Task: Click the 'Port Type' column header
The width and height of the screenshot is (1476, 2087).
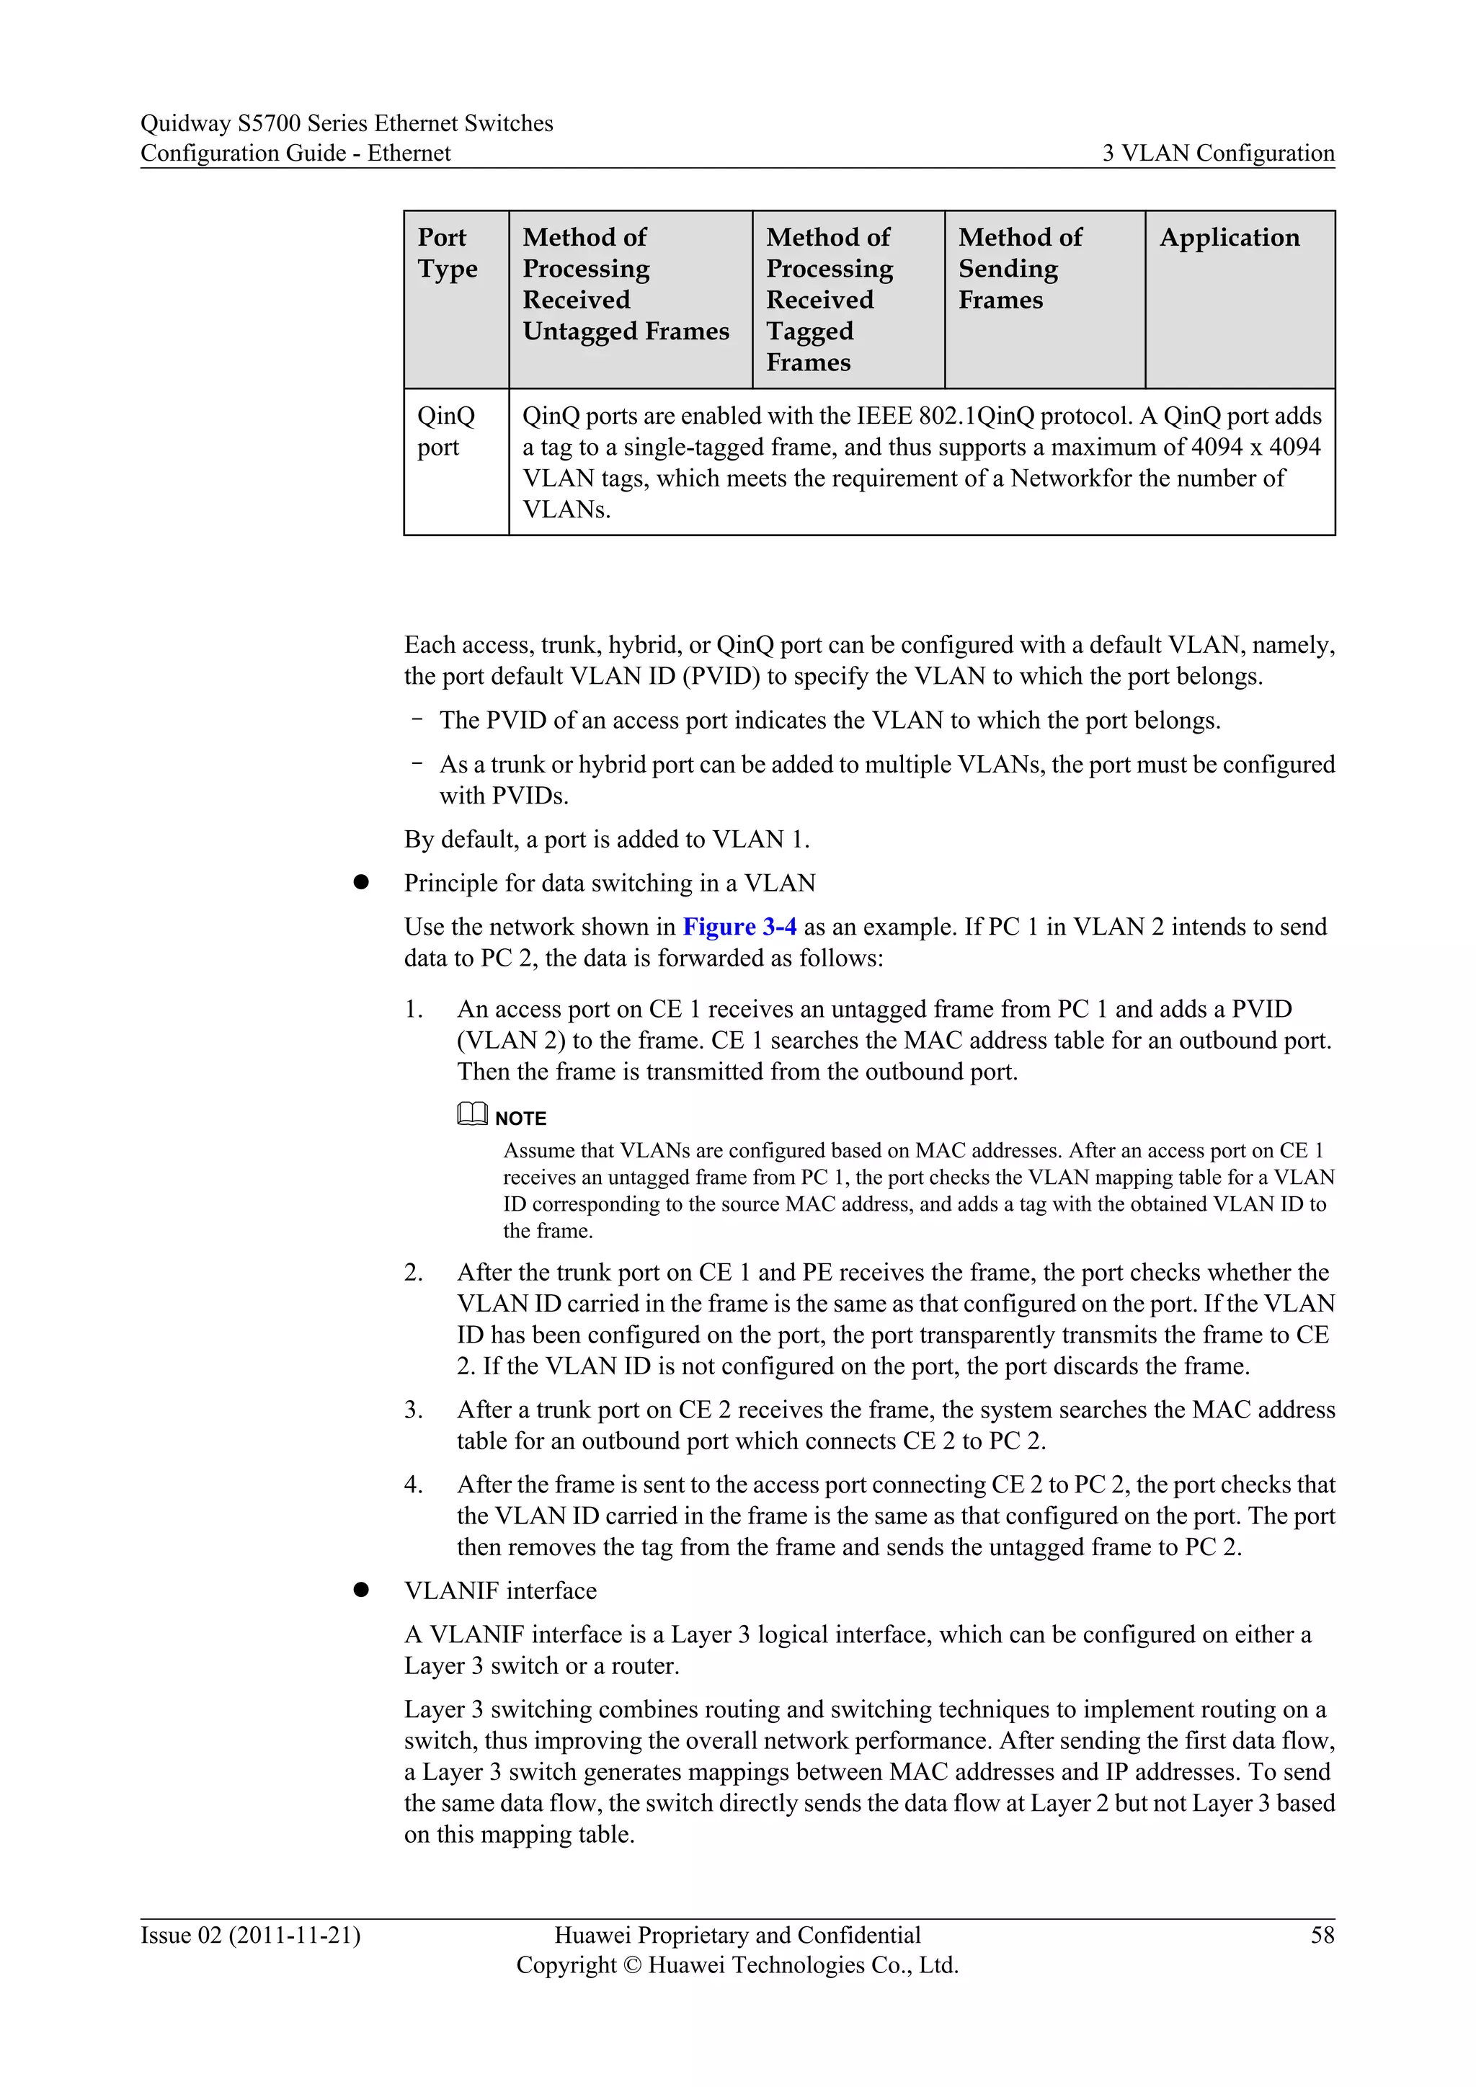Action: (447, 253)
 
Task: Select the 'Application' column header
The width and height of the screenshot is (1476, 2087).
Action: (1229, 238)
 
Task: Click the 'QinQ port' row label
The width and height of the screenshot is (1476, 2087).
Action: (445, 431)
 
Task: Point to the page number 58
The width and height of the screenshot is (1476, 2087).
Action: (1322, 1934)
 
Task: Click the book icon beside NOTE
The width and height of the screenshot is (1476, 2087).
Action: (472, 1113)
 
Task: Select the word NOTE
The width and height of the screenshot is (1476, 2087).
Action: (521, 1118)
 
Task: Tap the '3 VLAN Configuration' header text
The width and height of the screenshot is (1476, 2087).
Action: (1218, 153)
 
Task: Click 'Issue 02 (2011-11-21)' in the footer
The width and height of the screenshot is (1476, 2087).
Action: (250, 1934)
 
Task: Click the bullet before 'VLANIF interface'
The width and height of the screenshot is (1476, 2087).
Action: (361, 1590)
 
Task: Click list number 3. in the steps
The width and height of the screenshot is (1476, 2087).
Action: (414, 1410)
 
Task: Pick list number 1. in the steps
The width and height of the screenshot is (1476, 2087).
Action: (414, 1009)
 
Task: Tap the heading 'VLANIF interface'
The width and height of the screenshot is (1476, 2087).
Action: (500, 1590)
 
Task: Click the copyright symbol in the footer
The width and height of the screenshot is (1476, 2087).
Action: (633, 1964)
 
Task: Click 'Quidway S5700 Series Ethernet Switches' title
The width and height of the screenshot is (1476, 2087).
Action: (346, 123)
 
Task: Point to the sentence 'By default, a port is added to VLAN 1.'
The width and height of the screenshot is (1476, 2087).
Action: (606, 838)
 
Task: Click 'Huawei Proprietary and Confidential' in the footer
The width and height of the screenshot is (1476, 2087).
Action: (737, 1934)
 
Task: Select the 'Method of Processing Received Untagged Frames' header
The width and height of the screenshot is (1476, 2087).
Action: (626, 285)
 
